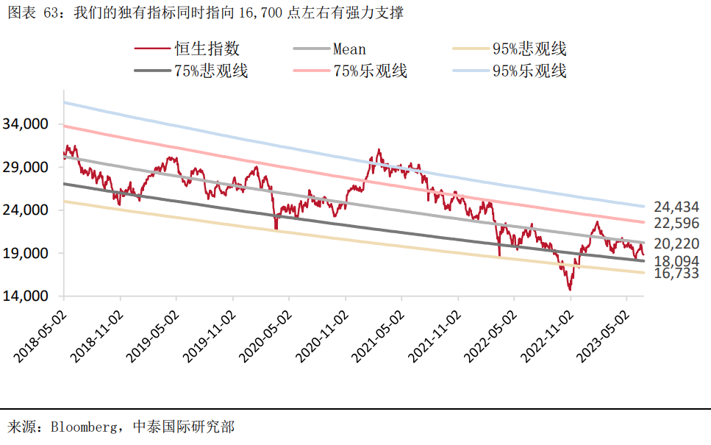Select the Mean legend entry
pos(349,49)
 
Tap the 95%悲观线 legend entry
pos(529,49)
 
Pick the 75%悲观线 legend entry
pos(210,71)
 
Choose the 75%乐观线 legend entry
pos(370,71)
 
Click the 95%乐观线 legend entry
pos(529,71)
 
